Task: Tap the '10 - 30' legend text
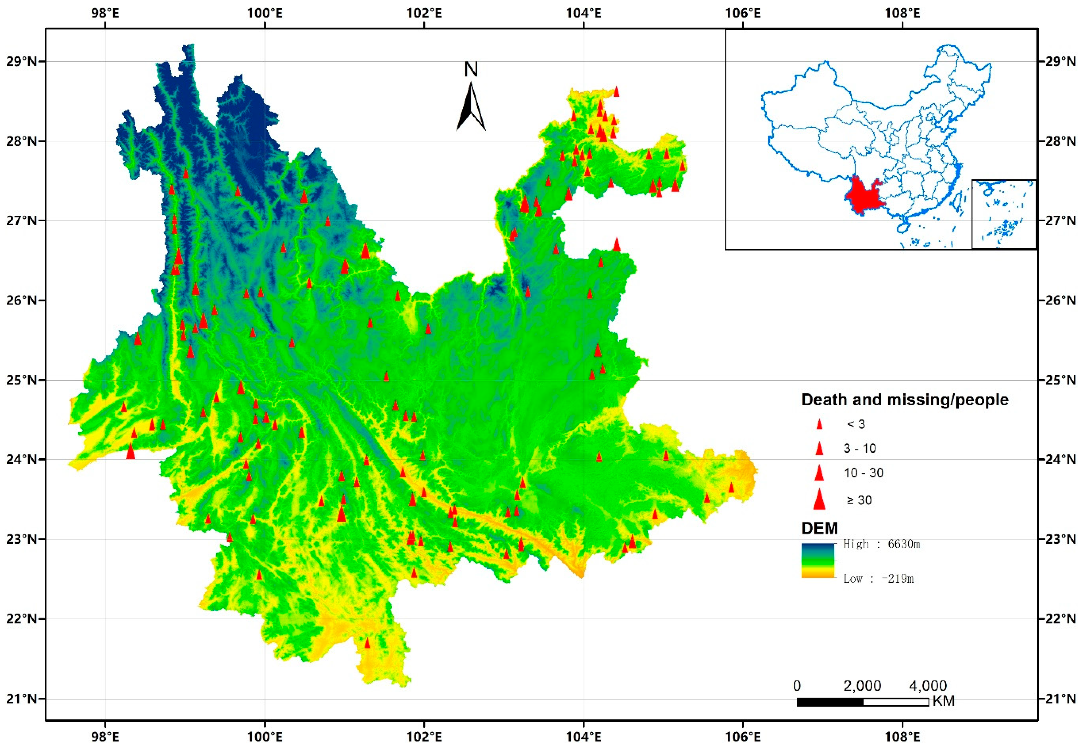(863, 473)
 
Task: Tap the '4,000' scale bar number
(928, 686)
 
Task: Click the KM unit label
(943, 714)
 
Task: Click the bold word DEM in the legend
(819, 528)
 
